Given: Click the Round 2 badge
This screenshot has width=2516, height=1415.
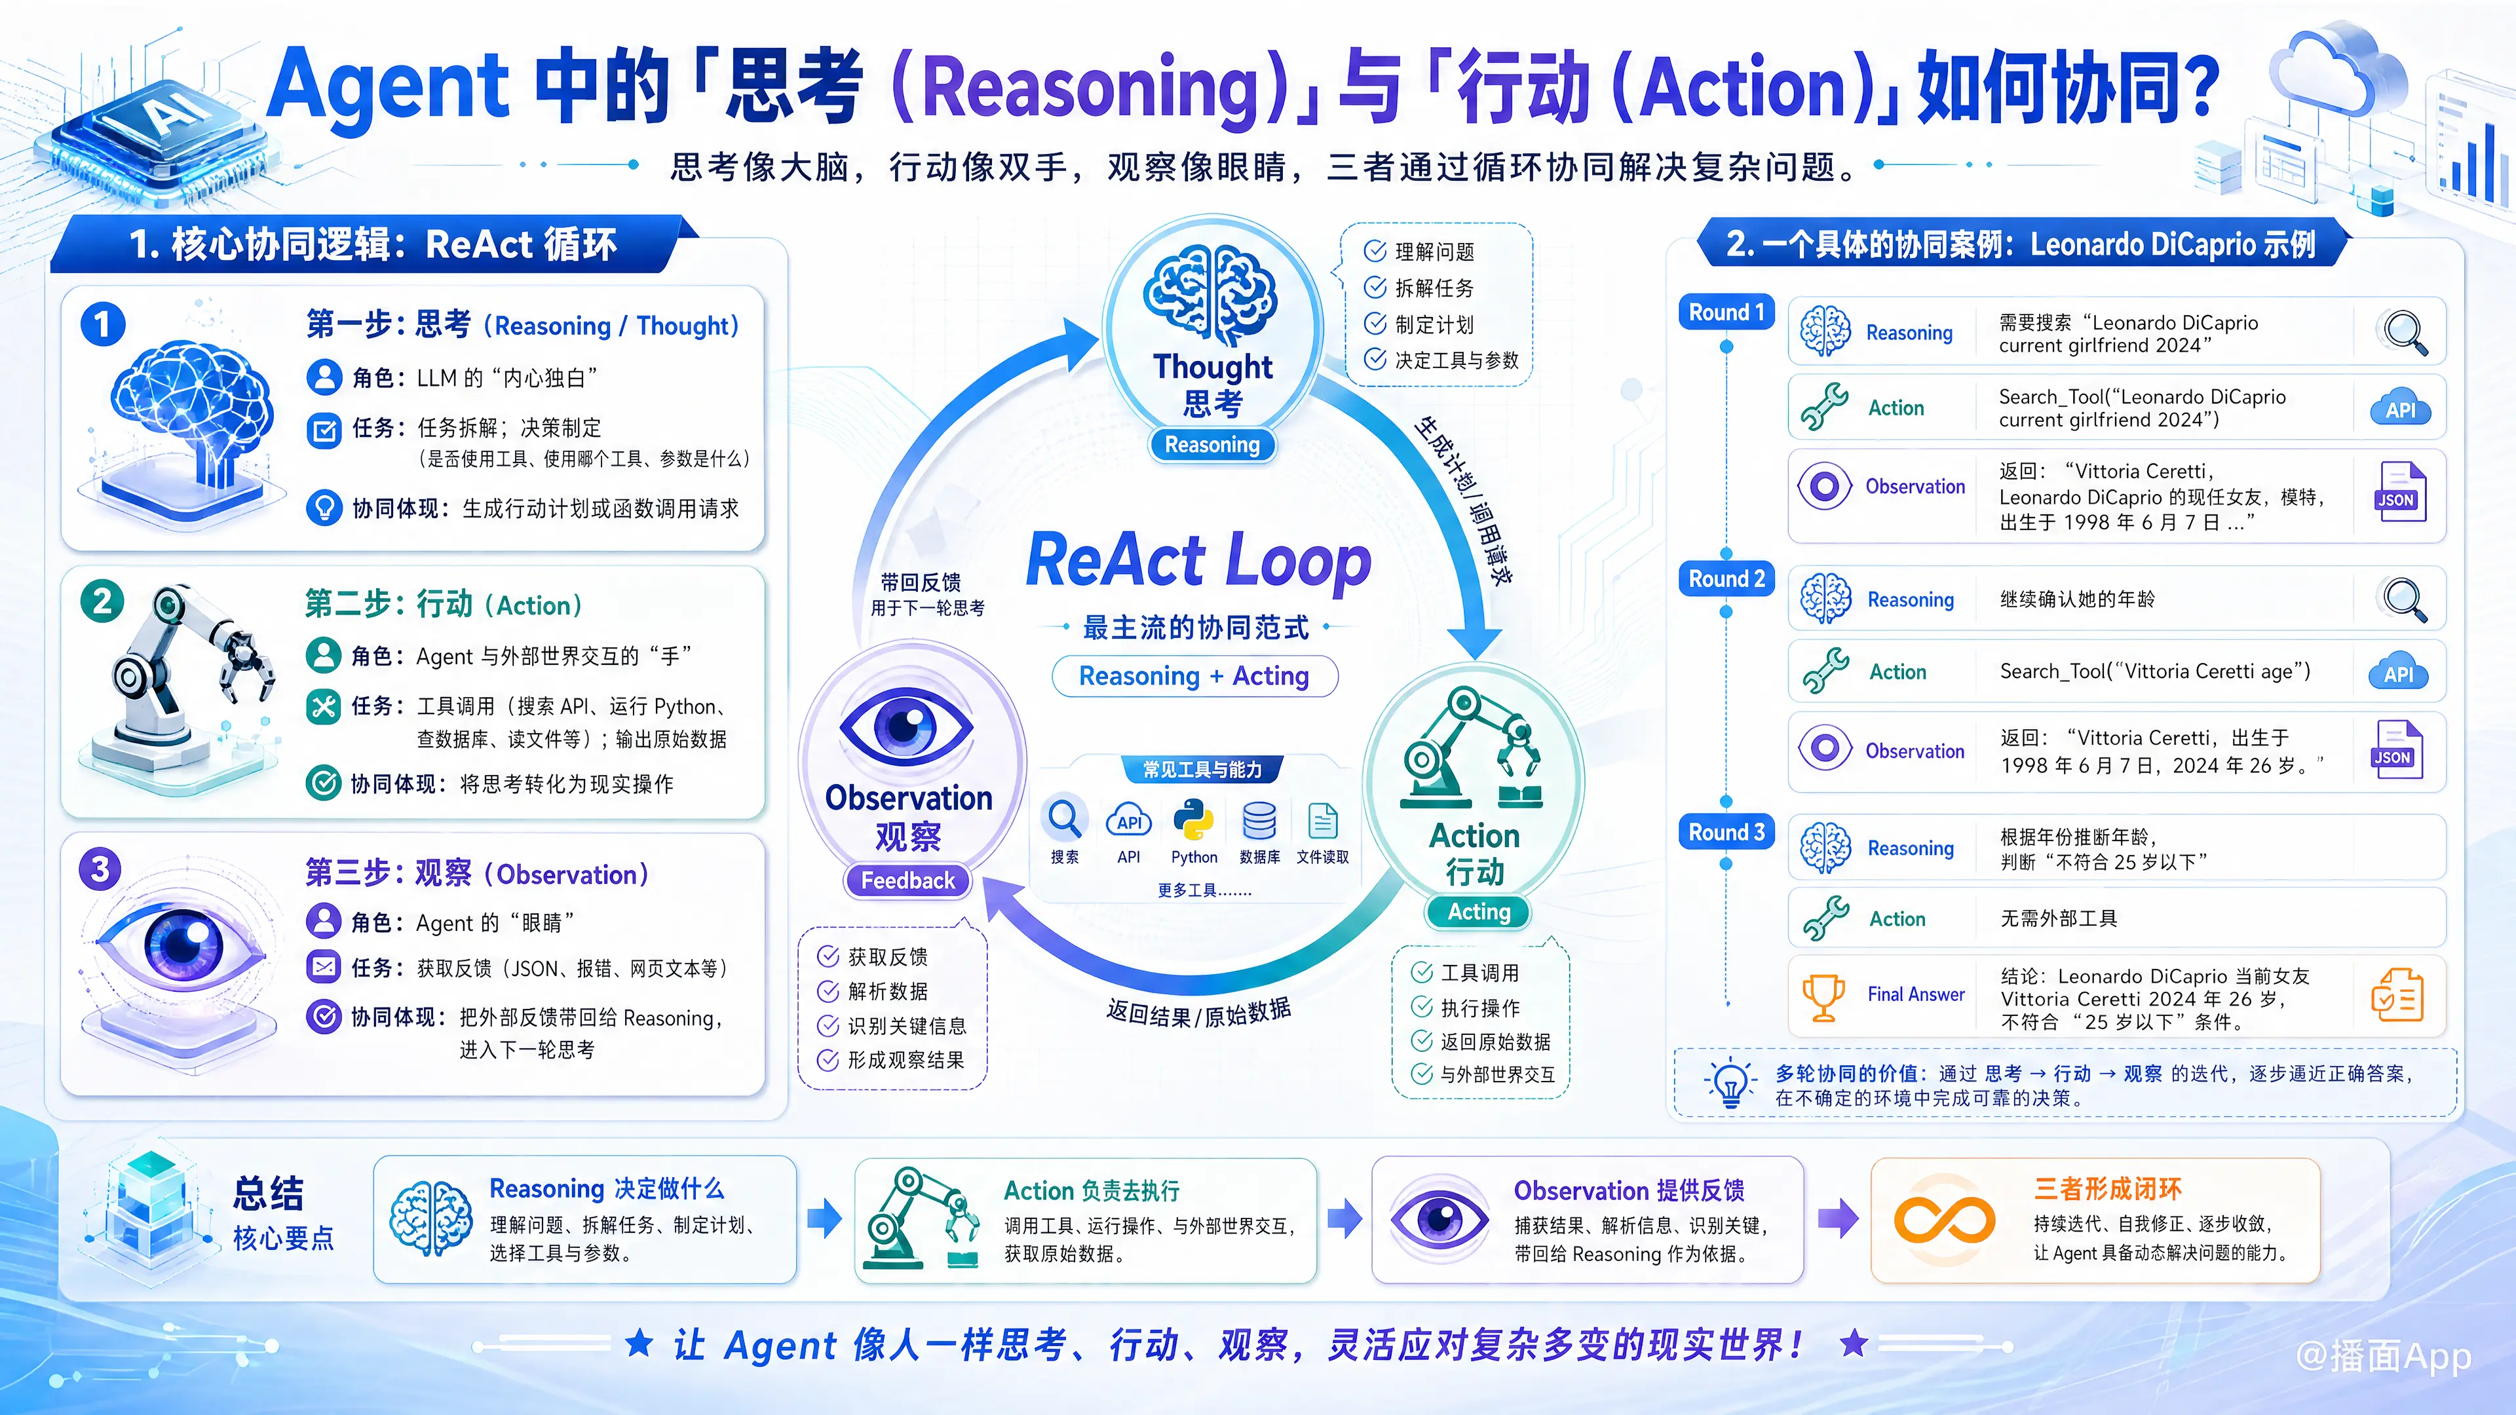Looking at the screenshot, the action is tap(1726, 579).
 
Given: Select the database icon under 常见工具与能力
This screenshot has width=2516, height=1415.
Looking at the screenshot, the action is tap(1259, 821).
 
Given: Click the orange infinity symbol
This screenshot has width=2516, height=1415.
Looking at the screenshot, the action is tap(1943, 1220).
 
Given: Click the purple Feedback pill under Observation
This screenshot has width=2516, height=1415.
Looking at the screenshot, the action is tap(907, 881).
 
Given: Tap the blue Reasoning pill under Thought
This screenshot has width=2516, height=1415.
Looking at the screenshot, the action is tap(1212, 444).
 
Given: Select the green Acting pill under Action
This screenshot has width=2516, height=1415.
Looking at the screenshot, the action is tap(1479, 912).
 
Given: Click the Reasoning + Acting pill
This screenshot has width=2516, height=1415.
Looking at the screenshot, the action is tap(1194, 676).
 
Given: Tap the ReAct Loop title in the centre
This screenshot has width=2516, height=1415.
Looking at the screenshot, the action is tap(1198, 561).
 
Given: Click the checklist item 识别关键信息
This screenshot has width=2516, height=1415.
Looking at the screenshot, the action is tap(892, 1025).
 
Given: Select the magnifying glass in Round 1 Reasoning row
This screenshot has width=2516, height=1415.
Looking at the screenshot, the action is tap(2405, 332).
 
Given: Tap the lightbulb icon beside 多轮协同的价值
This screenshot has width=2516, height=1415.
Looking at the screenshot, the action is tap(1730, 1082).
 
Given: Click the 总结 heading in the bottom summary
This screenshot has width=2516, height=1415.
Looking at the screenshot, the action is tap(269, 1192).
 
